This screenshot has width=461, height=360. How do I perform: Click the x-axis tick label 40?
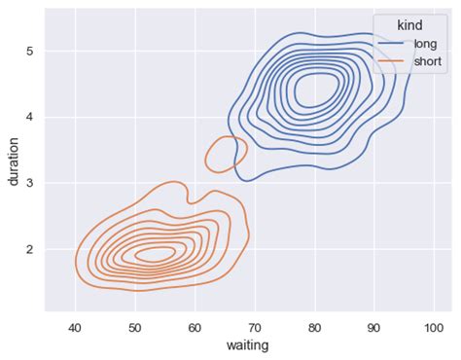(x=75, y=328)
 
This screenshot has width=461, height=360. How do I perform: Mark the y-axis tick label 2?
(x=30, y=249)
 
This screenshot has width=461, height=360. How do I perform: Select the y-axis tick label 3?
(x=30, y=183)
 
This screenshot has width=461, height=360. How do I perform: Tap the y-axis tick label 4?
(x=30, y=117)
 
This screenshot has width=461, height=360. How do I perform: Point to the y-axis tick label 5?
(x=30, y=51)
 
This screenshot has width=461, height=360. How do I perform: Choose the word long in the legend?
(x=426, y=44)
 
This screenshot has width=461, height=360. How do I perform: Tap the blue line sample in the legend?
(x=393, y=45)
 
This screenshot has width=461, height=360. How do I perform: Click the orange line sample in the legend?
(x=393, y=61)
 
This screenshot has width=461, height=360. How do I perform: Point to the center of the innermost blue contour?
(x=314, y=91)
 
